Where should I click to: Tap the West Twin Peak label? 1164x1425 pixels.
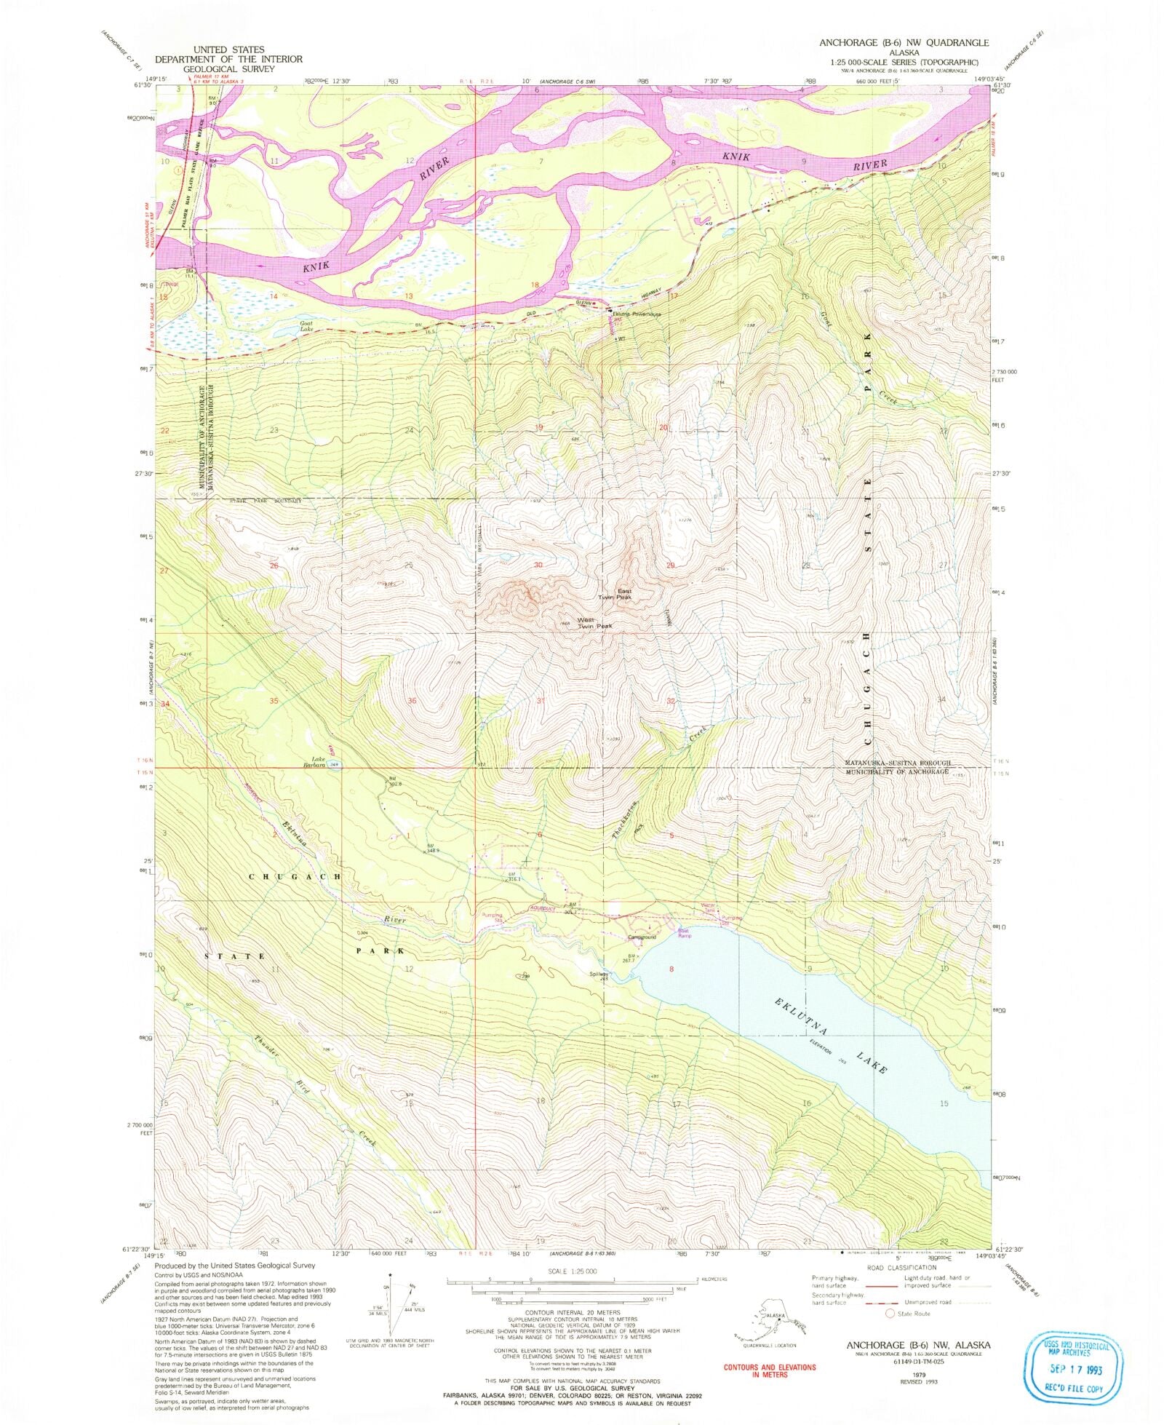pos(594,623)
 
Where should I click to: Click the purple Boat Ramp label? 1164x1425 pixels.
pos(685,932)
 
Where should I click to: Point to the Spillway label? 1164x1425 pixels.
pos(599,975)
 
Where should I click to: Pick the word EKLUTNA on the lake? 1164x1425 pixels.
pos(794,1013)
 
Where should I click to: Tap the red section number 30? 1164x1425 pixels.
pos(538,565)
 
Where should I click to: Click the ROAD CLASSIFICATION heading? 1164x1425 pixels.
pos(901,1267)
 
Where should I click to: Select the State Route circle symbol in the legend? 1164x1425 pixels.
pos(889,1314)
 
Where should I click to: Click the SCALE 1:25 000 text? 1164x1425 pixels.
pos(572,1271)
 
